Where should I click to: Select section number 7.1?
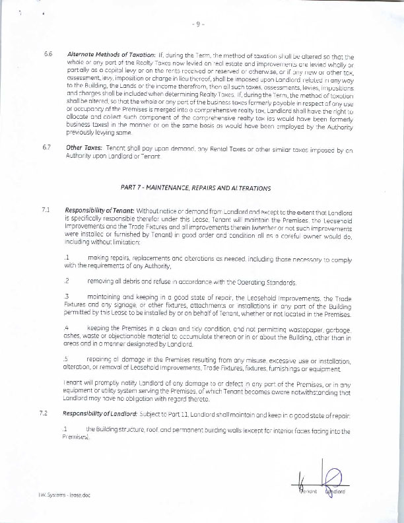46,211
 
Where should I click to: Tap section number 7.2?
46,413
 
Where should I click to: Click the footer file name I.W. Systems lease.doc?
51,495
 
